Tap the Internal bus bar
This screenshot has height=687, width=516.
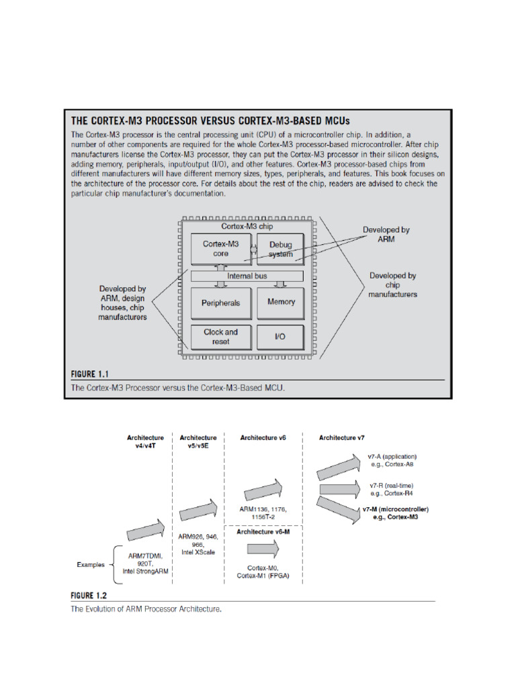pos(248,276)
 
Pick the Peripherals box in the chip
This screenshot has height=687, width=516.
pos(220,303)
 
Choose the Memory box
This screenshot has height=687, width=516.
pos(281,302)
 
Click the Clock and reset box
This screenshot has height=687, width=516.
pos(220,337)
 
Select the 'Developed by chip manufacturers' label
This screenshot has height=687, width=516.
pos(393,284)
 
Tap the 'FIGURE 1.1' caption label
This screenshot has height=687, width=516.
pos(89,374)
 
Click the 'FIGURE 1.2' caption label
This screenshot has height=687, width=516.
pos(89,595)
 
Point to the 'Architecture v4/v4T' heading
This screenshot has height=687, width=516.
pos(145,441)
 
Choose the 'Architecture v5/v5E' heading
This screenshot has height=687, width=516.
pos(198,441)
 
